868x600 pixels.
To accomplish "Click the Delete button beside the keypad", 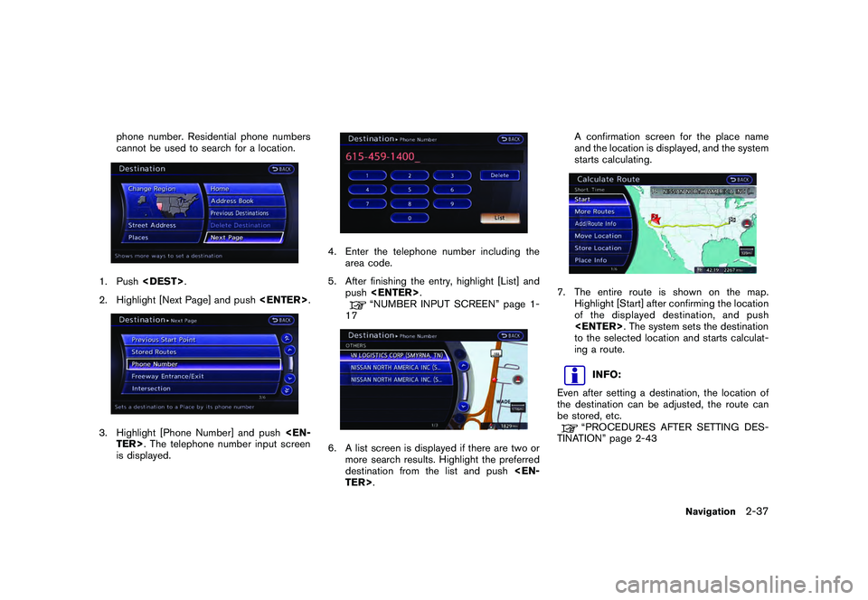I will [x=500, y=175].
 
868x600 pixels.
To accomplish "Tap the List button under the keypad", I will [x=500, y=218].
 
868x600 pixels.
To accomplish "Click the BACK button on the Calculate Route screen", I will [x=741, y=179].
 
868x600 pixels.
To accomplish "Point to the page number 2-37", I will [x=758, y=511].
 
